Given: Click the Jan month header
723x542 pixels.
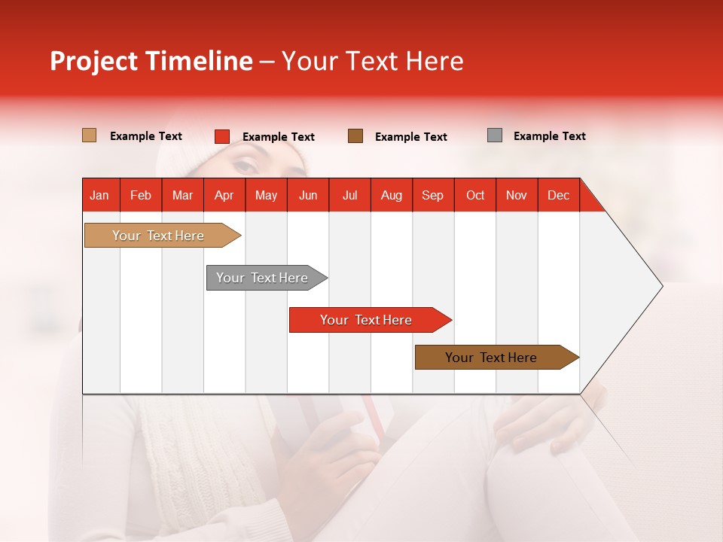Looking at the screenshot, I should coord(99,195).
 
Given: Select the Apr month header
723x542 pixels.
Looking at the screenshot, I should coord(224,195).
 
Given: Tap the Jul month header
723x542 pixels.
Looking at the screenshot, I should coord(349,195).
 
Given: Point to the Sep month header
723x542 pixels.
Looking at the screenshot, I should coord(432,195).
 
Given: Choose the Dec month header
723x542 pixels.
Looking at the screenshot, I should coord(558,195).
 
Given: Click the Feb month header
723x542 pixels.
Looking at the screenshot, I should coord(141,195).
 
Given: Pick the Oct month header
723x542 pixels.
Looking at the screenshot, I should coord(475,195).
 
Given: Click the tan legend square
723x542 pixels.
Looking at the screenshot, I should coord(89,135).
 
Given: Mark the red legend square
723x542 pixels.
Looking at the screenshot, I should coord(221,136).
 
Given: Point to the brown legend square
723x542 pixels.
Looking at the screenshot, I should coord(355,135).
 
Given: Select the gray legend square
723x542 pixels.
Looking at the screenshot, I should coord(495,135).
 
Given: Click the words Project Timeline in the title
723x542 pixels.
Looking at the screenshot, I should coord(151,61).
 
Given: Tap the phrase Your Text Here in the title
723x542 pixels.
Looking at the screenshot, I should coord(372,61).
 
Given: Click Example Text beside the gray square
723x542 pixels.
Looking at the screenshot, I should coord(549,136).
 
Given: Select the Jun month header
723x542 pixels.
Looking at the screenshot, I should coord(308,195).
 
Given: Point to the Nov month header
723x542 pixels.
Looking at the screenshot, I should coord(517,195).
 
